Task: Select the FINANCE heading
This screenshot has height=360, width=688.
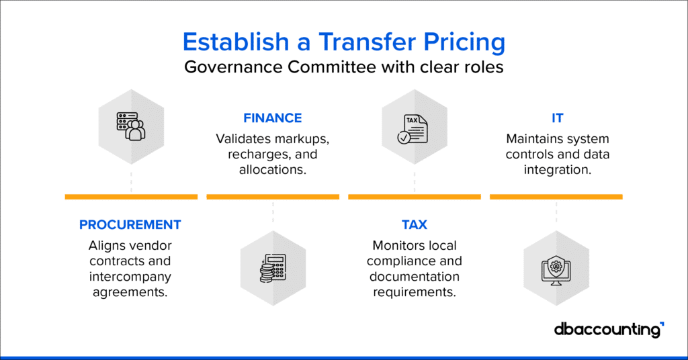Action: click(x=272, y=118)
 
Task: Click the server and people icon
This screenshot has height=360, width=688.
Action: click(x=131, y=124)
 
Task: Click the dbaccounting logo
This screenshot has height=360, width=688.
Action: click(x=609, y=330)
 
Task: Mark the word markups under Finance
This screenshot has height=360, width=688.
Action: click(x=300, y=138)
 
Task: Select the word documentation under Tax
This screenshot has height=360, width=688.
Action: click(x=415, y=276)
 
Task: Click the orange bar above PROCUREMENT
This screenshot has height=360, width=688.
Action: click(x=131, y=197)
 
